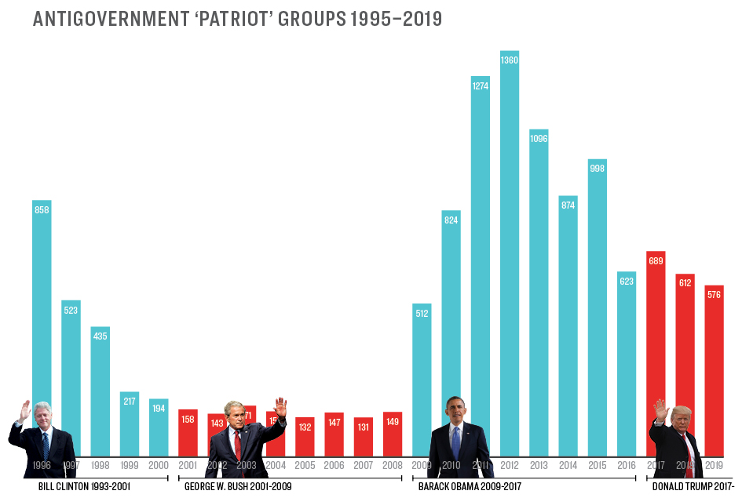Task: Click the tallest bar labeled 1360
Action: coord(510,251)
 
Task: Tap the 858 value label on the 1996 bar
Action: coord(42,209)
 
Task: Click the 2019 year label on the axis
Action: coord(714,465)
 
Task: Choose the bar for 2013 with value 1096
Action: coord(539,290)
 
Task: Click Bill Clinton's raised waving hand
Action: coord(25,410)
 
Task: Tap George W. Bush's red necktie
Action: coord(237,444)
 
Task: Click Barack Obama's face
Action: coord(455,409)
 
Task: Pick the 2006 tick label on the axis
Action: coord(334,465)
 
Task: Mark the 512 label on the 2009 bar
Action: coord(422,314)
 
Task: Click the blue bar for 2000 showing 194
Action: coord(159,427)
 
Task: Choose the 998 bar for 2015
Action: coord(598,306)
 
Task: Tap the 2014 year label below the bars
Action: coord(568,465)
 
